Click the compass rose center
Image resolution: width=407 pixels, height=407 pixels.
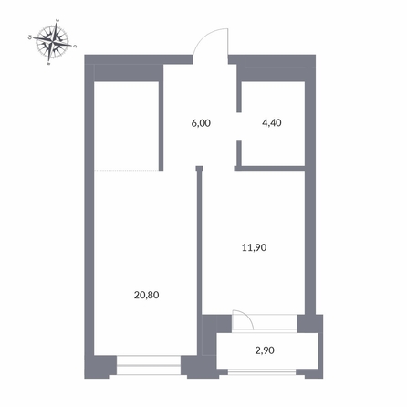[57, 40]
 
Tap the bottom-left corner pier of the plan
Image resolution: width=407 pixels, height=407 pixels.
[101, 367]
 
